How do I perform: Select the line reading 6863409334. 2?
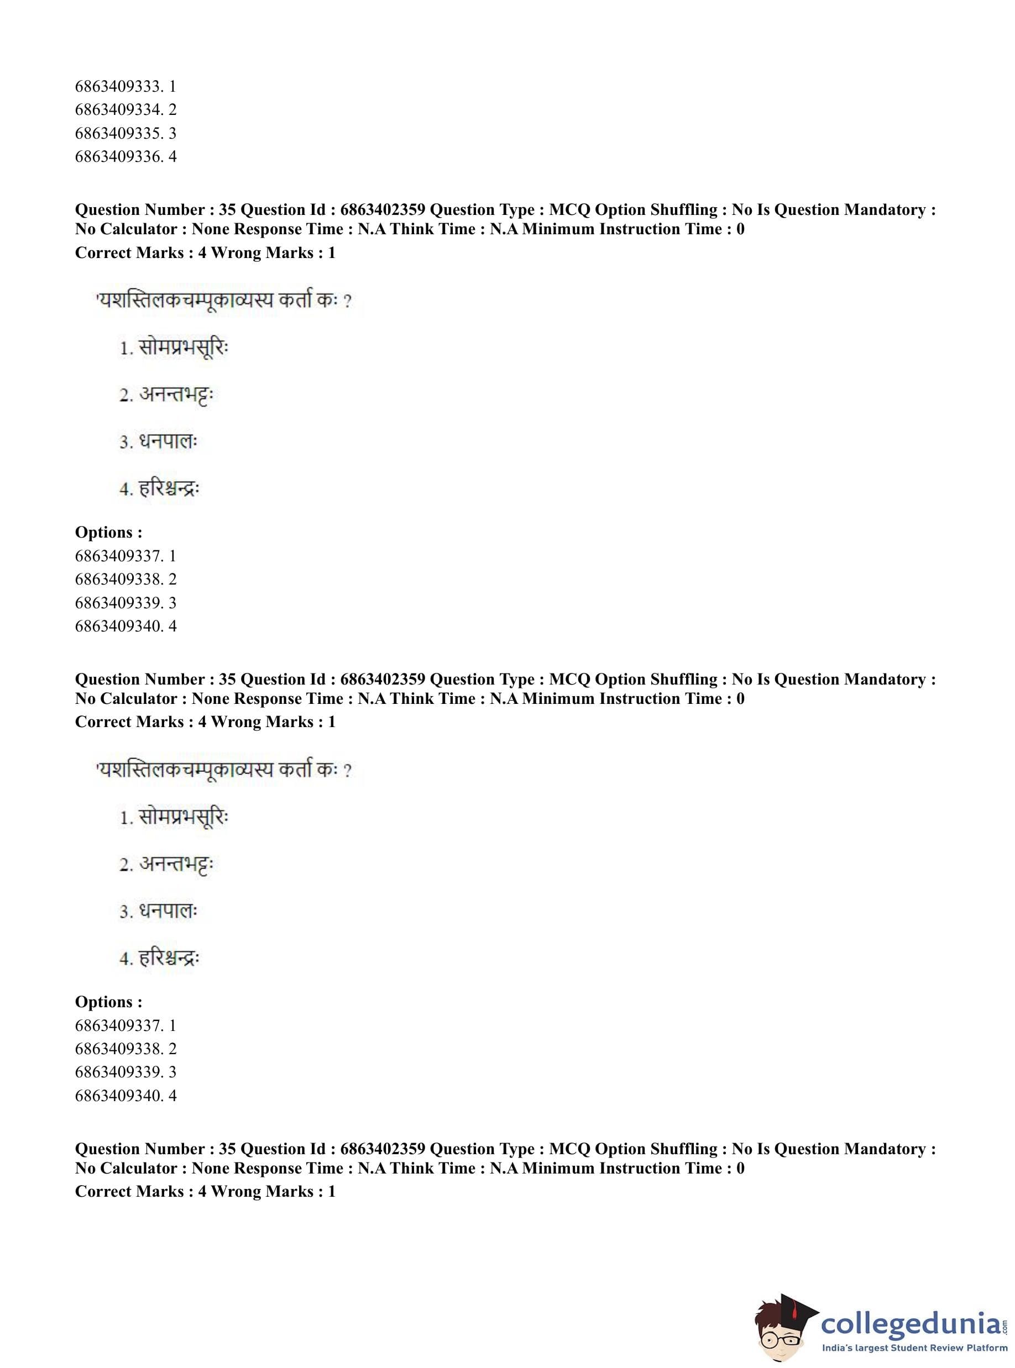125,110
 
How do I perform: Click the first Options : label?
108,533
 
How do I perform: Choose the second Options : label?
108,1002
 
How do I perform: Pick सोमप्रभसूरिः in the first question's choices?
182,348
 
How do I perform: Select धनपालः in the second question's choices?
167,911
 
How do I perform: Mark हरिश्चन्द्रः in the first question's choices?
169,489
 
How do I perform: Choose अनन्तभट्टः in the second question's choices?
175,865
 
